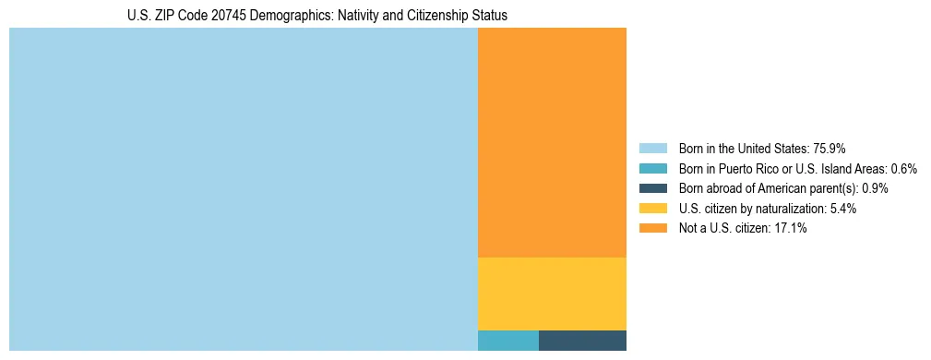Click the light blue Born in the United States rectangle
tap(244, 189)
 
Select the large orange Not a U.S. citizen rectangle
tap(552, 142)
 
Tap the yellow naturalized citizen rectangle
tap(552, 294)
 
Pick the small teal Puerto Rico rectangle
tap(507, 341)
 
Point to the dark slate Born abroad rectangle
tap(582, 341)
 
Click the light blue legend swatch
tap(652, 148)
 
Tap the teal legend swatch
tap(652, 168)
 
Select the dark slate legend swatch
tap(652, 188)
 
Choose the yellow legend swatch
tap(652, 209)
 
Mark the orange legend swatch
tap(652, 228)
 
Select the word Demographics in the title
tap(290, 16)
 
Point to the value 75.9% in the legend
tap(830, 148)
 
